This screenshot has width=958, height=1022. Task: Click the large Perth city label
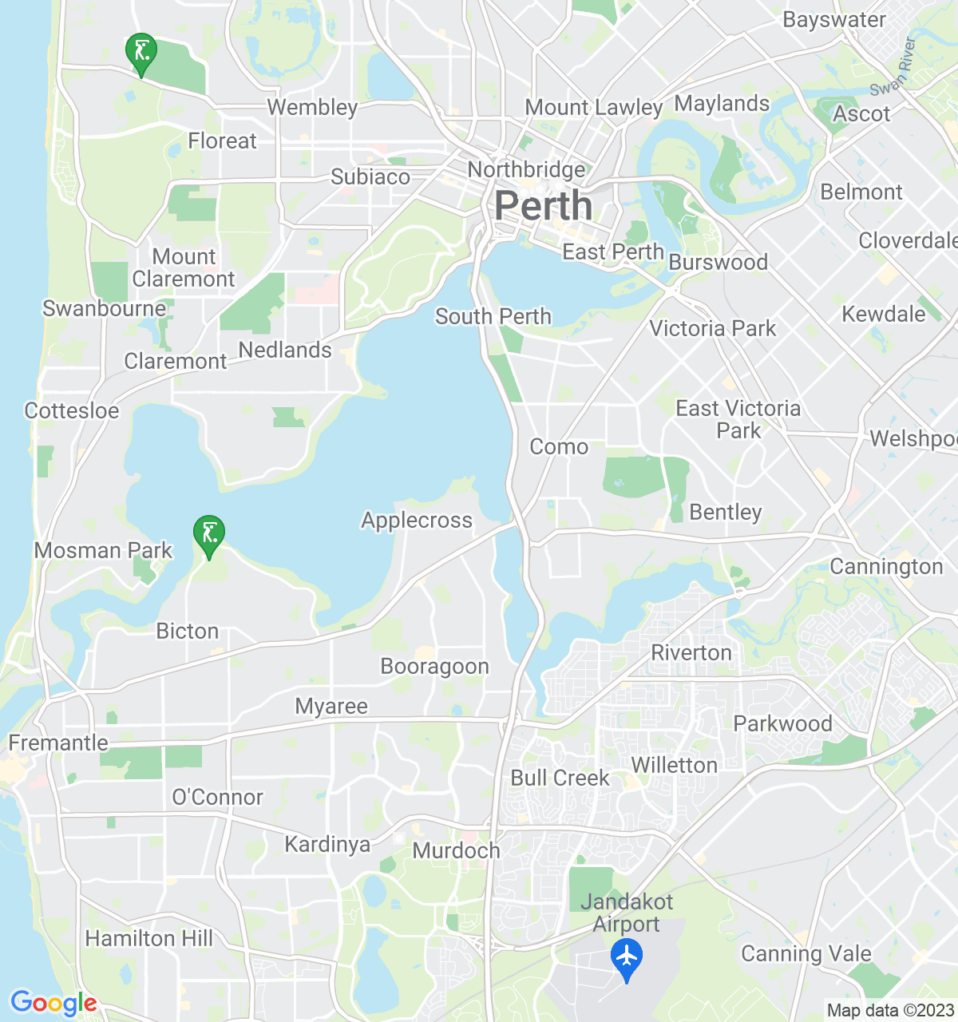click(544, 206)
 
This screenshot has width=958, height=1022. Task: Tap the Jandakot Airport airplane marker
click(627, 956)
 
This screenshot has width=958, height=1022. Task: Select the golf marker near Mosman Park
click(209, 533)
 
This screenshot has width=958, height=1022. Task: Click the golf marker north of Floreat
click(141, 52)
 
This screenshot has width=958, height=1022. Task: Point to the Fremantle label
click(58, 743)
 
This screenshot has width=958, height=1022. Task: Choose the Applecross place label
click(417, 521)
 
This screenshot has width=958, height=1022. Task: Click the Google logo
click(53, 1003)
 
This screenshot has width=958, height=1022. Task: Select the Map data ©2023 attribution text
click(890, 1011)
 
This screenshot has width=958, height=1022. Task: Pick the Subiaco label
click(370, 176)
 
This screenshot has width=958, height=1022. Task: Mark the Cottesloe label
click(72, 411)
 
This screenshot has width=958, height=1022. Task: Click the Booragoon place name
click(435, 666)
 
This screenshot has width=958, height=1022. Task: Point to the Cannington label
click(886, 567)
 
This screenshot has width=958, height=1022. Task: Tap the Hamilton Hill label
click(149, 938)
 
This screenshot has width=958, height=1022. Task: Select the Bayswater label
click(834, 20)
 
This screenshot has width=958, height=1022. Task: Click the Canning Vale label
click(806, 953)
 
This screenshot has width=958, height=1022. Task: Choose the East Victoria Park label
click(738, 419)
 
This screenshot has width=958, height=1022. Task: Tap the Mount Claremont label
click(184, 267)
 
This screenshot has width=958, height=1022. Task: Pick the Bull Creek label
click(560, 778)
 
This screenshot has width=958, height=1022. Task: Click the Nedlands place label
click(285, 350)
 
